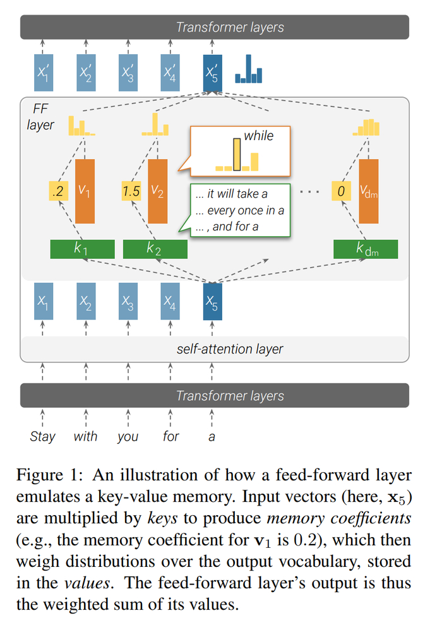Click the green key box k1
82,249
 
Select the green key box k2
155,249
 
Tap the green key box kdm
366,249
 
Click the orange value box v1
85,191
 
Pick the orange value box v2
158,191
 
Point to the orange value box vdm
369,191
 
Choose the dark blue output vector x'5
212,73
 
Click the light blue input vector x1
43,301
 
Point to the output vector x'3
128,73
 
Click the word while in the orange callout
258,135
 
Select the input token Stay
43,436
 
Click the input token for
170,436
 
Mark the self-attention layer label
229,348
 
